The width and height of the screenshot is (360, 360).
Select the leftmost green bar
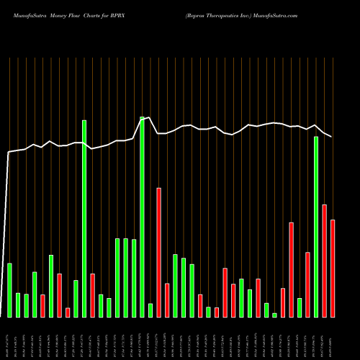[9, 289]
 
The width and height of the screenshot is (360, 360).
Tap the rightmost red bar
[333, 268]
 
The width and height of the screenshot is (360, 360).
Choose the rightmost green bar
[316, 227]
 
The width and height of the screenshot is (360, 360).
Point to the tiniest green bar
[274, 315]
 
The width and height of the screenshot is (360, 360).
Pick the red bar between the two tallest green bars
[93, 295]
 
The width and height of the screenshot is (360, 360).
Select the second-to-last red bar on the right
[324, 261]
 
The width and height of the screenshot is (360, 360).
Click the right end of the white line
[332, 136]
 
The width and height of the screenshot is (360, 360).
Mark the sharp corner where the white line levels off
[9, 152]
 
